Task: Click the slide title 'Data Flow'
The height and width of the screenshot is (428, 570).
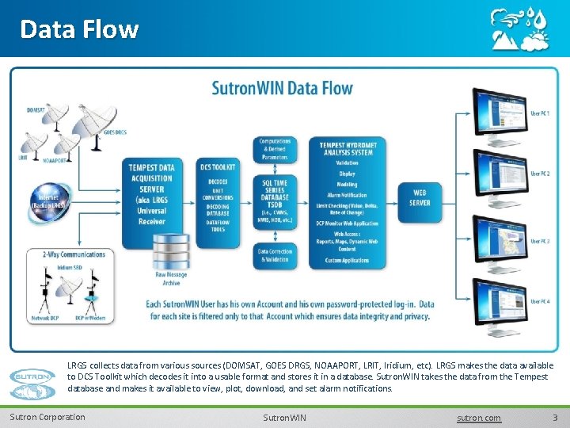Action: click(x=79, y=29)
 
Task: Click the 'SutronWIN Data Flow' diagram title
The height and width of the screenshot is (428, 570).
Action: click(x=282, y=88)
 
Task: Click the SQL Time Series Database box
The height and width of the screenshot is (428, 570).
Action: click(x=276, y=200)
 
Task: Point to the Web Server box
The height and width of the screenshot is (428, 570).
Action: click(x=420, y=197)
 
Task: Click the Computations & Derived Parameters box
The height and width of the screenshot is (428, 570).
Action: click(x=275, y=148)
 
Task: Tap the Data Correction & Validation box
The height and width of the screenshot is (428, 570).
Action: click(x=275, y=254)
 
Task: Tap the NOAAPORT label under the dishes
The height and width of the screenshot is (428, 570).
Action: click(x=54, y=160)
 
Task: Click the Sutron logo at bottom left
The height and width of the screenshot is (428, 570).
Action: click(x=33, y=377)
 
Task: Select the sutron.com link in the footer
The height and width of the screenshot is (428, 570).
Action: click(x=479, y=418)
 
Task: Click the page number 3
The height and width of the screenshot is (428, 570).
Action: click(x=555, y=418)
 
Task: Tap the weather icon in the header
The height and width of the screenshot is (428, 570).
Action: click(x=519, y=29)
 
